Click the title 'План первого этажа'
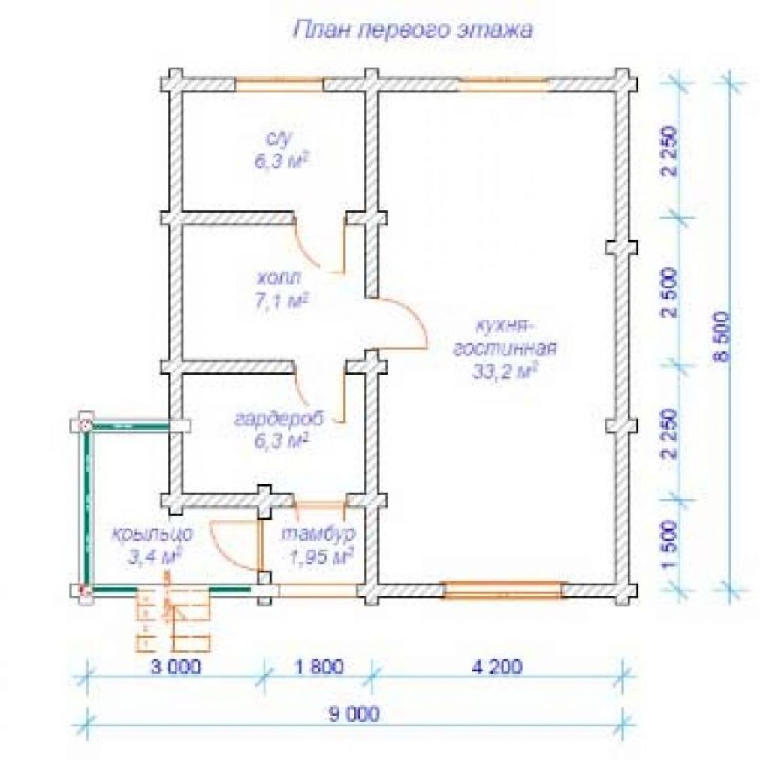coord(413,30)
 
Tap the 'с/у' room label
coord(278,138)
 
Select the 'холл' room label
coord(279,279)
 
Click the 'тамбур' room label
coord(318,534)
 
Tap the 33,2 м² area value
coord(505,372)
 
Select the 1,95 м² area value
coord(321,557)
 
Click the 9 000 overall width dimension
coord(354,715)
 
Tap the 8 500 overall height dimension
coord(722,337)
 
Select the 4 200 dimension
coord(497,667)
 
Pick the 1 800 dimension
coord(318,667)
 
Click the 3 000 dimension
coord(176,667)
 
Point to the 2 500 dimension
coord(669,293)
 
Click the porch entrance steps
coord(173,620)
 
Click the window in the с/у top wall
coord(279,84)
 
